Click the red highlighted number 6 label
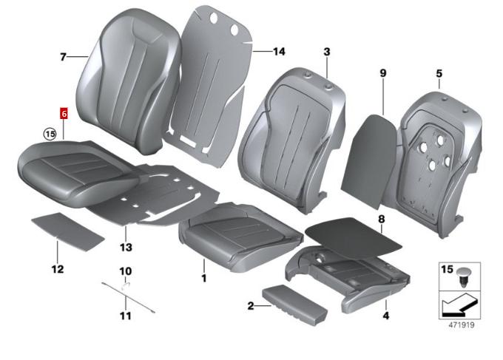point(64,114)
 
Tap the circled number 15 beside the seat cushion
point(50,133)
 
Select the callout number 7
point(63,57)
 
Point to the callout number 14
point(279,51)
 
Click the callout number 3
point(326,52)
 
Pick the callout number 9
point(383,73)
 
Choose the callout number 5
point(439,73)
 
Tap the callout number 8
point(381,220)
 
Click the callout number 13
point(126,247)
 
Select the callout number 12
point(58,268)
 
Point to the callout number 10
point(126,271)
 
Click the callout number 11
point(126,316)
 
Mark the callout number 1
point(204,278)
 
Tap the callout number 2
point(251,306)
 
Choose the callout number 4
point(386,316)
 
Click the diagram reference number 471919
point(462,325)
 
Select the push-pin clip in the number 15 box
point(462,276)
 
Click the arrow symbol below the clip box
point(459,304)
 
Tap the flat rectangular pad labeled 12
point(68,232)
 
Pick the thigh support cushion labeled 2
point(295,305)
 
